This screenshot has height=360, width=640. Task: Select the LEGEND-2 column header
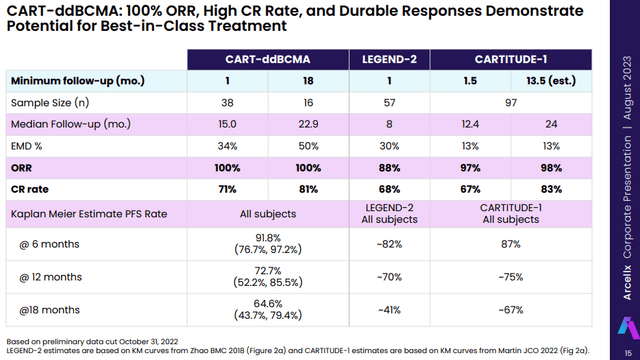(389, 60)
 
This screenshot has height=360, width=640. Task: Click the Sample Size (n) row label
(48, 102)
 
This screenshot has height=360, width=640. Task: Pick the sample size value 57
(389, 102)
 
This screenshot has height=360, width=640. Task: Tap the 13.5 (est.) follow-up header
(544, 81)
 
